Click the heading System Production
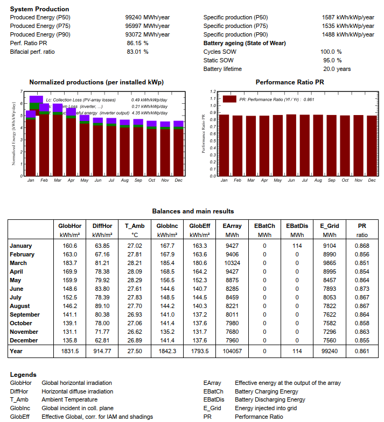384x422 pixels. pos(39,9)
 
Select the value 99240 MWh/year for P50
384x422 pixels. pos(147,17)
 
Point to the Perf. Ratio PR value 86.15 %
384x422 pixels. pos(137,43)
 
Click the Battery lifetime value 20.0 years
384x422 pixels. pos(337,69)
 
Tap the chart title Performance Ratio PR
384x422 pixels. pos(290,82)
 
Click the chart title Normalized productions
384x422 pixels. pos(96,82)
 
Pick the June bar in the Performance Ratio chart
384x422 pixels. pos(291,145)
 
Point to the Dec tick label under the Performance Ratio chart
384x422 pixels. pos(372,180)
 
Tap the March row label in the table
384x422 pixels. pos(22,263)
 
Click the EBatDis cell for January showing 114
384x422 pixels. pos(296,246)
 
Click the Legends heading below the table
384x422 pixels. pos(23,375)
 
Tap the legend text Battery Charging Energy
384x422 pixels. pos(266,391)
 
